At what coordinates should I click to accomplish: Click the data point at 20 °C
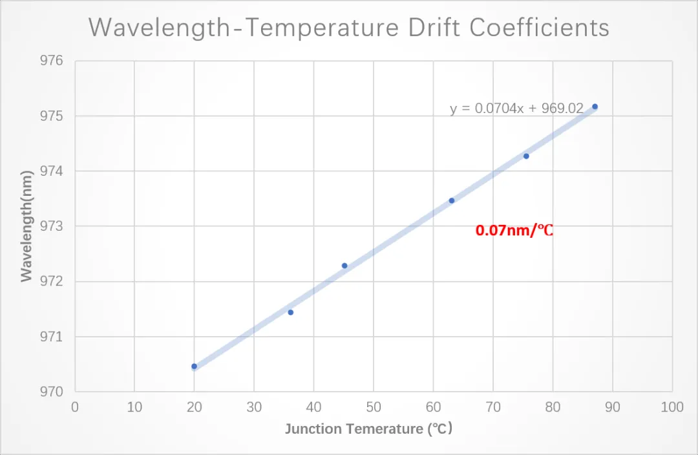coord(194,366)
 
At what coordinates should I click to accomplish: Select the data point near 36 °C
coord(291,312)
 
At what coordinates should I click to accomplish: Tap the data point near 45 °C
coord(344,266)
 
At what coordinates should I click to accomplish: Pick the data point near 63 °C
coord(452,200)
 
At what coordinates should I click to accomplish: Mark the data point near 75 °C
coord(526,156)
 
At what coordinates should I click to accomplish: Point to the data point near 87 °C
coord(595,107)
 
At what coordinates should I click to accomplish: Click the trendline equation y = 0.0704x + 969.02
coord(517,109)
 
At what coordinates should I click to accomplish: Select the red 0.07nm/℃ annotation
coord(514,230)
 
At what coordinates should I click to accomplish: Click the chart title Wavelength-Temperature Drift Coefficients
coord(349,28)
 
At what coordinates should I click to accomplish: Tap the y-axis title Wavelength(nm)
coord(26,226)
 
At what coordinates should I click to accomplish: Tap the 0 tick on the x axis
coord(75,407)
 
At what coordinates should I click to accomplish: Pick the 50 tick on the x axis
coord(373,407)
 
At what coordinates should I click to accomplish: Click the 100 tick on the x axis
coord(672,407)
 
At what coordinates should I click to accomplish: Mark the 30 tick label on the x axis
coord(254,407)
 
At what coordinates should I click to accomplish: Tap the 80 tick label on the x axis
coord(553,407)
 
